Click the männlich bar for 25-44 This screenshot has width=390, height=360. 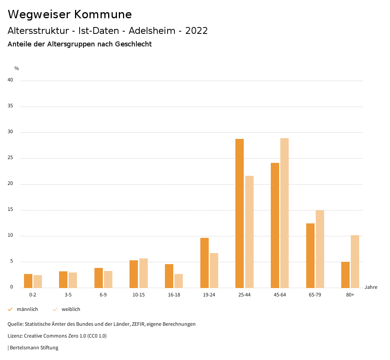tap(240, 213)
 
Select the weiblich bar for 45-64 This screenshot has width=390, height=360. tap(285, 213)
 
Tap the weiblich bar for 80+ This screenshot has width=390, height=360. tap(355, 261)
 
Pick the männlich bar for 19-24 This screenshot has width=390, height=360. tap(205, 263)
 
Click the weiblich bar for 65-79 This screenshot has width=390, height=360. tap(320, 249)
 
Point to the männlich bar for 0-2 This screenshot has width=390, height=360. tap(28, 281)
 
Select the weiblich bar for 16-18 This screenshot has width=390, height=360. tap(179, 281)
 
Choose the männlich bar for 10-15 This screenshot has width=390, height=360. tap(134, 274)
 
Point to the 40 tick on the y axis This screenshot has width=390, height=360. tap(10, 80)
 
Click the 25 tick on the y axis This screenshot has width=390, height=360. tap(10, 158)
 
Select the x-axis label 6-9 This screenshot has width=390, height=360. tap(103, 295)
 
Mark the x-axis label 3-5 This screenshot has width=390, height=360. tap(68, 295)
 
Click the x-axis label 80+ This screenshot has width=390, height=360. tap(350, 295)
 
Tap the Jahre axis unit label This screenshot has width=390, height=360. tap(371, 287)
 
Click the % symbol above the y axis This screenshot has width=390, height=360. tap(17, 68)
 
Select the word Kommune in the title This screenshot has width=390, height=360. tap(103, 14)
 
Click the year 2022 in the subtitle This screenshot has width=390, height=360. tap(197, 31)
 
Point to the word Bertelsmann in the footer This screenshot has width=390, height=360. tap(23, 348)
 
